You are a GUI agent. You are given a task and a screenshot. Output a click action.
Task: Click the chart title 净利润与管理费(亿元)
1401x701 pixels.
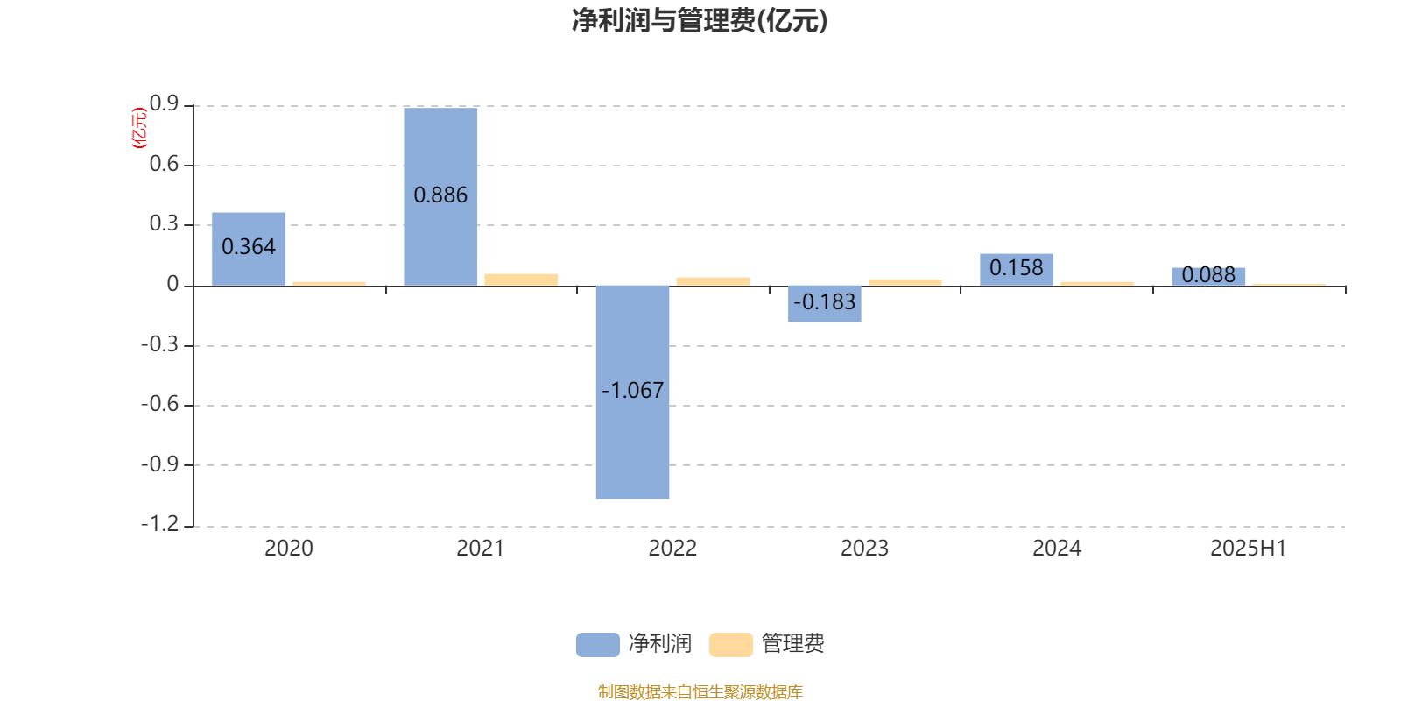(x=700, y=21)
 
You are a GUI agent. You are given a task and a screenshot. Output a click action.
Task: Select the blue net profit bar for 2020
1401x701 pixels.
(x=249, y=249)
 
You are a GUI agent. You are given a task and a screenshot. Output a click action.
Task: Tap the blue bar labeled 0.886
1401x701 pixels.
(x=440, y=196)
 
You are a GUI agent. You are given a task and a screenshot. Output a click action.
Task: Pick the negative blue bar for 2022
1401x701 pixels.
(x=632, y=393)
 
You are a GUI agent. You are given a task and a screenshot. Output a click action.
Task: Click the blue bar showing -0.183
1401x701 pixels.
(x=824, y=304)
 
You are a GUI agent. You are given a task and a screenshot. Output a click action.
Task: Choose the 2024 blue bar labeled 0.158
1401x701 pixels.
(x=1017, y=270)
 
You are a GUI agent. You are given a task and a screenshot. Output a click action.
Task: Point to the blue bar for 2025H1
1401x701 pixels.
(x=1208, y=277)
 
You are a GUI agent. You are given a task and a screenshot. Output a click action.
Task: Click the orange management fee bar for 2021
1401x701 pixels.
(x=521, y=280)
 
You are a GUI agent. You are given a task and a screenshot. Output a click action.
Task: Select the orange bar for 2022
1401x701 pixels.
(x=713, y=281)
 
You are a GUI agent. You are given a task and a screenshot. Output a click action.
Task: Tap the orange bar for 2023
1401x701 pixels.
(x=905, y=283)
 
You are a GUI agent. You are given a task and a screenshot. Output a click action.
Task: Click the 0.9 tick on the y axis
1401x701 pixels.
(x=164, y=104)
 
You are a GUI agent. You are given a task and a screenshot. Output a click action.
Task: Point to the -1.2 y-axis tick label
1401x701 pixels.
(x=160, y=524)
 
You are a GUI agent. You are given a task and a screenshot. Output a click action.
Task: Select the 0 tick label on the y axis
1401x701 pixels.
(x=172, y=285)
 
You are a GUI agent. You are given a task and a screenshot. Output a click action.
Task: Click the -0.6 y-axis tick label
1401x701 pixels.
(x=160, y=404)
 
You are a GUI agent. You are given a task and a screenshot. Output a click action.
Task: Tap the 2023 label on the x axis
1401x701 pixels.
(x=864, y=549)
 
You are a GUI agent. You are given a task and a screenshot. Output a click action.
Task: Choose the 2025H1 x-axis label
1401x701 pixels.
(x=1249, y=549)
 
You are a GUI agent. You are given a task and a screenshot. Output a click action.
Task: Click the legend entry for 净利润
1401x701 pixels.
(x=634, y=644)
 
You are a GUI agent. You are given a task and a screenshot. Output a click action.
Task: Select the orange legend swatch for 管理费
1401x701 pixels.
(x=730, y=645)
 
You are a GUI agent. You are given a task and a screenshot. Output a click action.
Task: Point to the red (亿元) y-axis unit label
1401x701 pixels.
(x=139, y=128)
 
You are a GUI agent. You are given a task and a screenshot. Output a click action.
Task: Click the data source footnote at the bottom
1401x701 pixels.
(x=700, y=691)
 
